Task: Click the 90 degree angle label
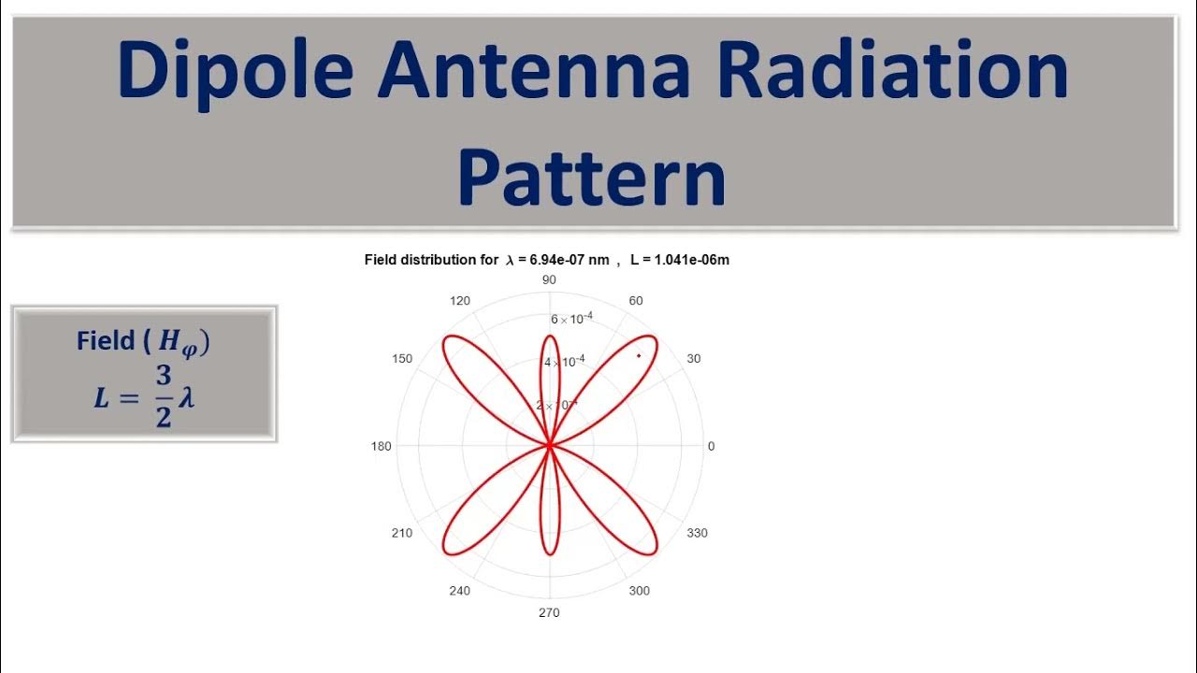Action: (x=549, y=280)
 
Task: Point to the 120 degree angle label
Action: (x=460, y=301)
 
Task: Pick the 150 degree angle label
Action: (x=402, y=359)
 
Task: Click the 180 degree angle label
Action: (x=382, y=447)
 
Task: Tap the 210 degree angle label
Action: (x=402, y=534)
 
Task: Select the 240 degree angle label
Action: (x=460, y=591)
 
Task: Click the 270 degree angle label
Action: (x=549, y=613)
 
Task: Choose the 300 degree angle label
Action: (x=640, y=591)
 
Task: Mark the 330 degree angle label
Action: (x=698, y=534)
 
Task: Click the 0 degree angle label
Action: (x=711, y=447)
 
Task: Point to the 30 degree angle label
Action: (x=693, y=359)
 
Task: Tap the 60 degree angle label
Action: (x=636, y=301)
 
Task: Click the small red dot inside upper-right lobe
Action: (x=639, y=355)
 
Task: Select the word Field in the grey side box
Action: (x=106, y=341)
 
